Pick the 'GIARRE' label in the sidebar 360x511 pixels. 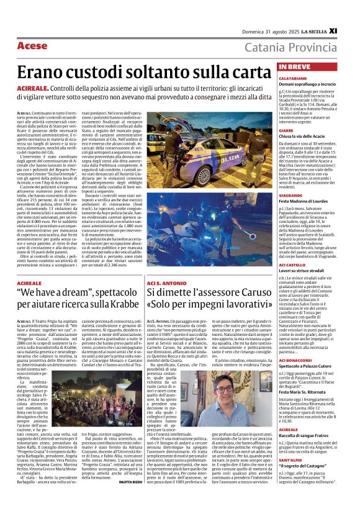[x=287, y=131]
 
